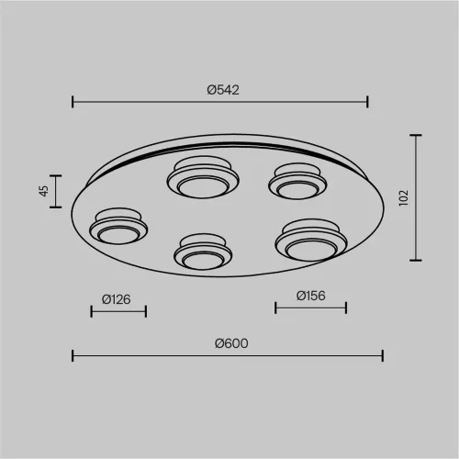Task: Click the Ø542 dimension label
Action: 223,90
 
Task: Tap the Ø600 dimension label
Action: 231,343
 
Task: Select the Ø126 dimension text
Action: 116,299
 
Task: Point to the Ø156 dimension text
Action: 310,296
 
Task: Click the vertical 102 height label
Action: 404,197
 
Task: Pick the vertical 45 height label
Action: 44,191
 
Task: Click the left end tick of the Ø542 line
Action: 73,102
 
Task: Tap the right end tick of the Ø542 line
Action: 367,102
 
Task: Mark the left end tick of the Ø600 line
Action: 73,356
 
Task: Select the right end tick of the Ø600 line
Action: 383,356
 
